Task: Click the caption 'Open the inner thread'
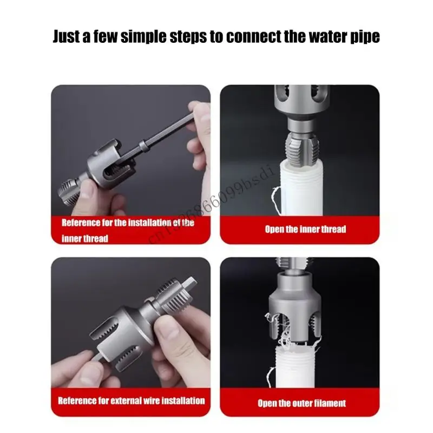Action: click(305, 229)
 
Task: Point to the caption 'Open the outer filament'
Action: click(301, 403)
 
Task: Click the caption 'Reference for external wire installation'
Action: click(132, 401)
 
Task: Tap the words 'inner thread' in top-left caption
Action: click(85, 238)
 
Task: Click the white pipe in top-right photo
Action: click(300, 195)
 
